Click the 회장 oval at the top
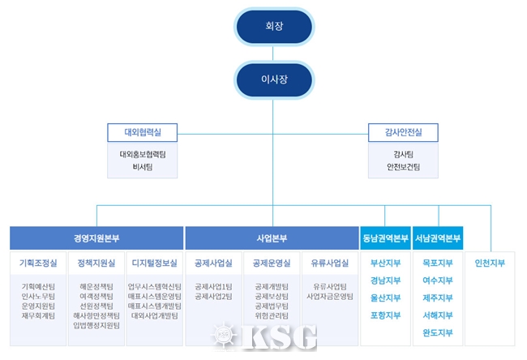point(273,26)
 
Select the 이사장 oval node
point(273,80)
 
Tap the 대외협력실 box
point(142,131)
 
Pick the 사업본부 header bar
point(272,238)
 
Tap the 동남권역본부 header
point(385,238)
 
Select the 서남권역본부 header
point(438,238)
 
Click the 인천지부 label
point(491,264)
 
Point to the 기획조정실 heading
point(38,264)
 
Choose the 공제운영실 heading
point(272,264)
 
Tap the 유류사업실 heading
point(330,264)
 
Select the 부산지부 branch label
point(385,264)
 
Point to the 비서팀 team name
point(142,167)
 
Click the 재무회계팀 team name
point(38,315)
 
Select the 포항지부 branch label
point(385,315)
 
